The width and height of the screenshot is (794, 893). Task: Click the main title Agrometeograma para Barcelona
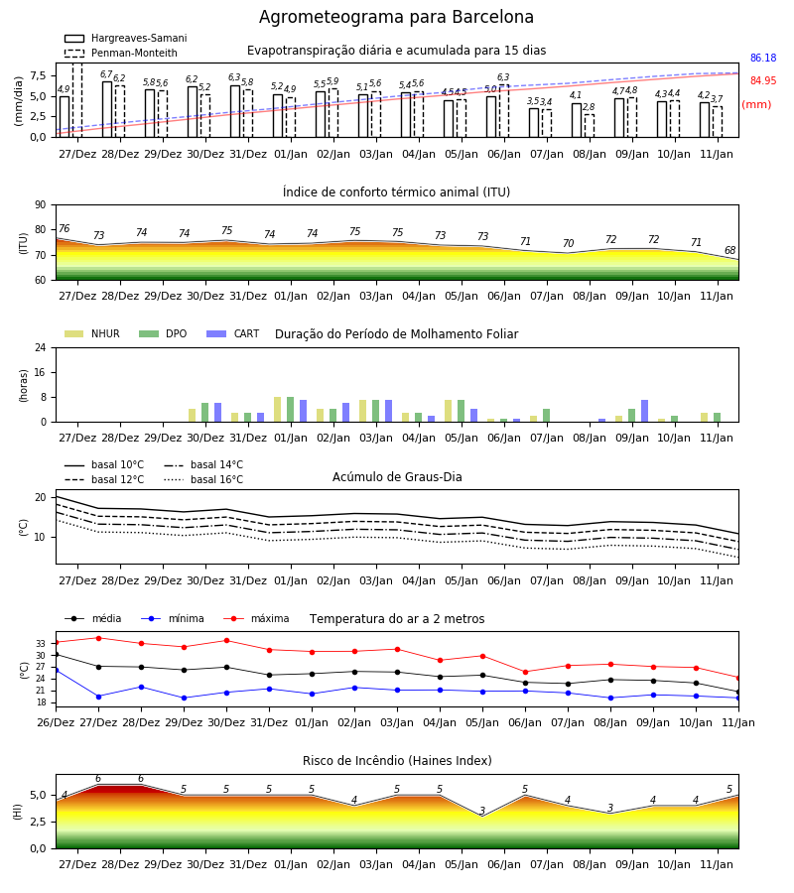coord(396,17)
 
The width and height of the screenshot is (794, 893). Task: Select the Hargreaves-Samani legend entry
coord(126,38)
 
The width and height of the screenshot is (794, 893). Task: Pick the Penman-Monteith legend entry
coord(121,53)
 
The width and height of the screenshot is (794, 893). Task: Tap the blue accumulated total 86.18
coord(763,59)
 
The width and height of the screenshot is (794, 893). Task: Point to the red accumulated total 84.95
coord(763,81)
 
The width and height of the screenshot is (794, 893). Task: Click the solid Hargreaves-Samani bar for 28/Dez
coord(107,109)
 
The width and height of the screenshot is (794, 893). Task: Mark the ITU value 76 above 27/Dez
coord(64,228)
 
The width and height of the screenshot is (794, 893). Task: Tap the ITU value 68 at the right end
coord(729,250)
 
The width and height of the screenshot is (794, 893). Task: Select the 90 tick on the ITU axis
coord(41,205)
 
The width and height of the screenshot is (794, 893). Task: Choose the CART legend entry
coord(233,333)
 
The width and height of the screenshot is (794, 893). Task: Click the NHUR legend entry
coord(92,333)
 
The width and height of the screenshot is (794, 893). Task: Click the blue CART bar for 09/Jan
coord(645,411)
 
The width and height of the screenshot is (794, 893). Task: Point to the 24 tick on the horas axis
coord(41,347)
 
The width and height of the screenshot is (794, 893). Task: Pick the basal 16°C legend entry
coord(203,479)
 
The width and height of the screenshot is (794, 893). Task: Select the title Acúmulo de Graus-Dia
coord(397,477)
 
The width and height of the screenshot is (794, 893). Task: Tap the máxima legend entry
coord(257,618)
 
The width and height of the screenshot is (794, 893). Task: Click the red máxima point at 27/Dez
coord(98,638)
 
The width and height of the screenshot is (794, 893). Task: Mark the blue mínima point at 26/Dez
coord(56,671)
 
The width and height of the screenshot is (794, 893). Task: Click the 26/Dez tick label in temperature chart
coord(56,722)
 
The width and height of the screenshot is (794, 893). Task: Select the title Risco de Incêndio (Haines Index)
coord(397,761)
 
